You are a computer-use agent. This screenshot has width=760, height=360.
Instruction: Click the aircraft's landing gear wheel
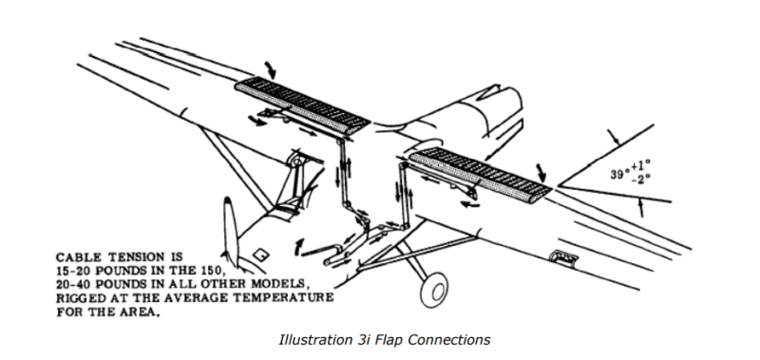tap(434, 289)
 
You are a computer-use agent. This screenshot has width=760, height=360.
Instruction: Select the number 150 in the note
tap(210, 271)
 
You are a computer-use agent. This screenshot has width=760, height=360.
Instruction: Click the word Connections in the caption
tap(448, 340)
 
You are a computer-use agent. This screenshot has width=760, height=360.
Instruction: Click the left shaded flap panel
tap(302, 105)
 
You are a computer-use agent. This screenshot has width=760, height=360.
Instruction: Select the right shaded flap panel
tap(480, 175)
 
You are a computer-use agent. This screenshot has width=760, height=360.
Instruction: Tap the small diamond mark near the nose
tap(260, 254)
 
